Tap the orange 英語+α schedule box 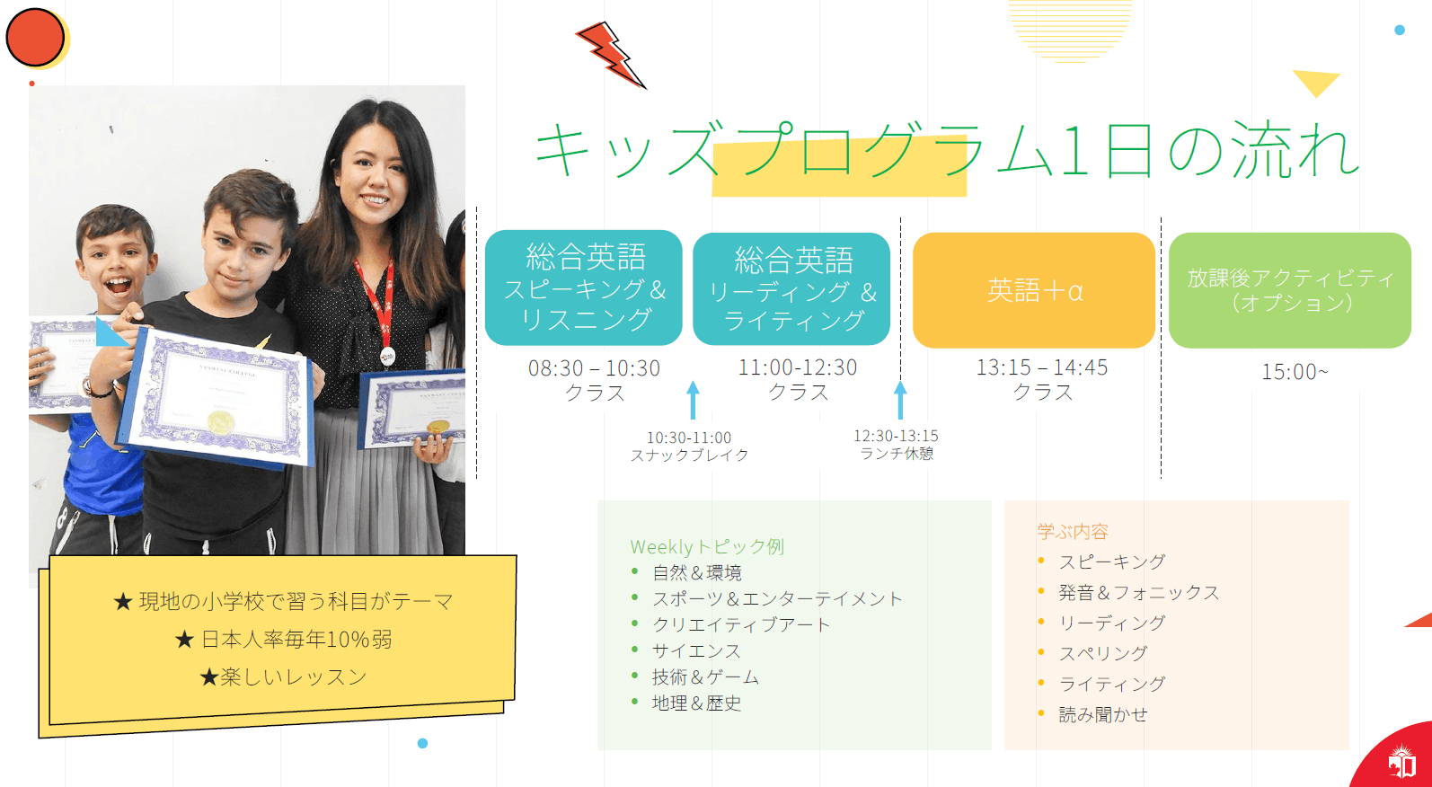click(1034, 290)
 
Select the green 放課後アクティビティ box click(1289, 290)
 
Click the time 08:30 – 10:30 click(594, 368)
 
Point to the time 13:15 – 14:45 click(1042, 367)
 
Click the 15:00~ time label click(1295, 371)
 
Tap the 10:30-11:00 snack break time click(688, 438)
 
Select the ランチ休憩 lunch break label click(897, 454)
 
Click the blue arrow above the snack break click(693, 400)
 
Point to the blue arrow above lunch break click(900, 400)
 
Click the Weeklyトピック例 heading click(707, 546)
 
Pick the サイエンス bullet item click(696, 650)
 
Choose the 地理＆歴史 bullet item click(696, 703)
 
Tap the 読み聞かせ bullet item click(1103, 714)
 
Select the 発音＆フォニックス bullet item click(1139, 593)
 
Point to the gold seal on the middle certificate click(221, 422)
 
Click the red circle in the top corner click(35, 37)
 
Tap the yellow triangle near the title click(1316, 82)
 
